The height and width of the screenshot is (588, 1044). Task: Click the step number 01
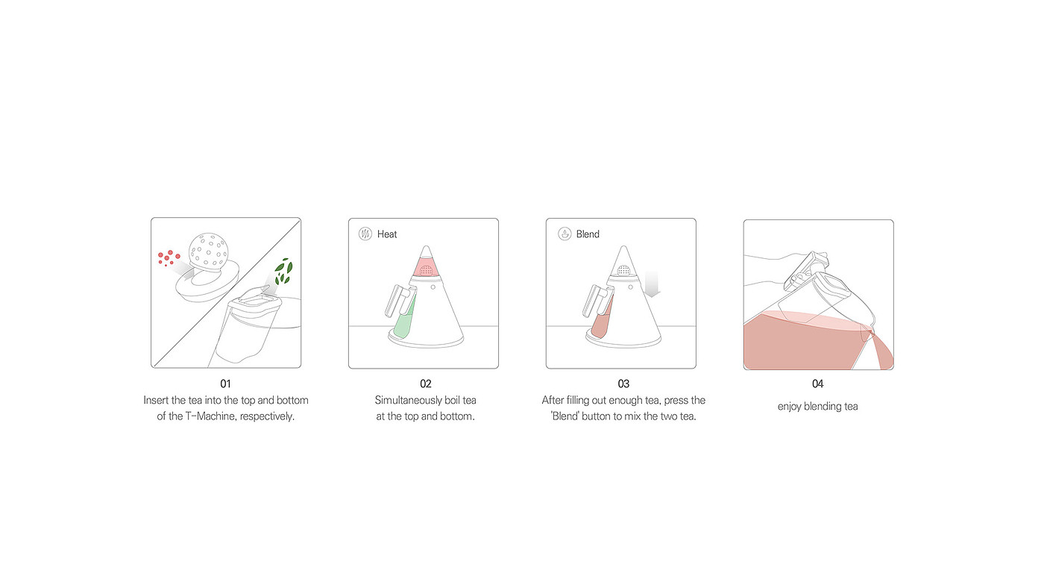tap(225, 384)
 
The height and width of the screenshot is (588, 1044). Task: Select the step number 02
tap(426, 384)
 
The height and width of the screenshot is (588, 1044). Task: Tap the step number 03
tap(623, 384)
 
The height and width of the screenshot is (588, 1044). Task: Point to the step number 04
tap(818, 384)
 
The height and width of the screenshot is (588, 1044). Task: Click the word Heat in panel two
tap(387, 234)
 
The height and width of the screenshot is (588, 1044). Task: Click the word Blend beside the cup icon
tap(588, 234)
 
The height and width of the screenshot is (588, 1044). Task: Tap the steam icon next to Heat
tap(365, 234)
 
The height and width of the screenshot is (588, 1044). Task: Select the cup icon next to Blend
tap(565, 234)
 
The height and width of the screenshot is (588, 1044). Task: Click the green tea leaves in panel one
tap(283, 272)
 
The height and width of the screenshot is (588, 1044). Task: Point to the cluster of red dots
tap(169, 258)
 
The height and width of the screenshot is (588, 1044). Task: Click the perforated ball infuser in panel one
tap(208, 251)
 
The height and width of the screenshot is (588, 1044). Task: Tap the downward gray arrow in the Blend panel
tap(652, 284)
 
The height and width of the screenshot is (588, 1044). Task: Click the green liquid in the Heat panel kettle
tap(403, 321)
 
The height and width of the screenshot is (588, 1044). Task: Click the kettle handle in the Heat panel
tap(397, 301)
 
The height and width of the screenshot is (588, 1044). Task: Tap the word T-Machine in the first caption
tap(210, 416)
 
